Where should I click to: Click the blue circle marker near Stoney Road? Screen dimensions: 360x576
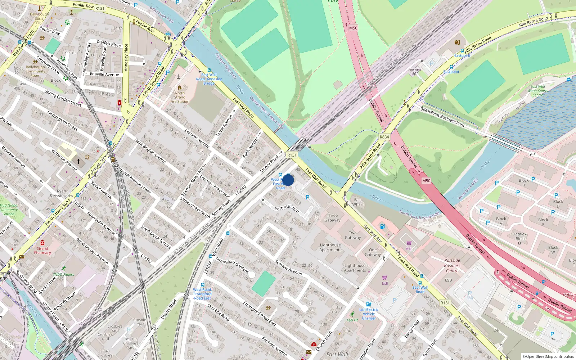288,180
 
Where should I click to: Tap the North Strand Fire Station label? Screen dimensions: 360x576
180,97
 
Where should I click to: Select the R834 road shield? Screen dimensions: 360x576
384,137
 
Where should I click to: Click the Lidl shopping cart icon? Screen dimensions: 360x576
384,278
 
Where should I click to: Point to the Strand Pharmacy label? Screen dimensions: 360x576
42,251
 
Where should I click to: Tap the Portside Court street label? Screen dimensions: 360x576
287,208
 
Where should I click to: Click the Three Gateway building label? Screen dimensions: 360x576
332,218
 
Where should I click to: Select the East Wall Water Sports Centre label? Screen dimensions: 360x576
537,91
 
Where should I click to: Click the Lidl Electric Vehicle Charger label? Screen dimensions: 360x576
369,314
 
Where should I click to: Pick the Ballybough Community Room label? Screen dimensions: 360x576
35,71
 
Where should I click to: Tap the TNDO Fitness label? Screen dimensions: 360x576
63,274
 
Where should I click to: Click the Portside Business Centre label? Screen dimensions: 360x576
452,265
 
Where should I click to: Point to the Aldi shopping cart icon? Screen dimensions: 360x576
409,243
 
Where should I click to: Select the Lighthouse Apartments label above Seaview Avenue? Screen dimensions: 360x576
330,247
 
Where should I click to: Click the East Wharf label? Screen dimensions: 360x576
358,202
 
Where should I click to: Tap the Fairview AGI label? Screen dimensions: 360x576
415,72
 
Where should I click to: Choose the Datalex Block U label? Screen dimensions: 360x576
519,238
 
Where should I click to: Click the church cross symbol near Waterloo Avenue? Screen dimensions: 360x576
78,162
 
